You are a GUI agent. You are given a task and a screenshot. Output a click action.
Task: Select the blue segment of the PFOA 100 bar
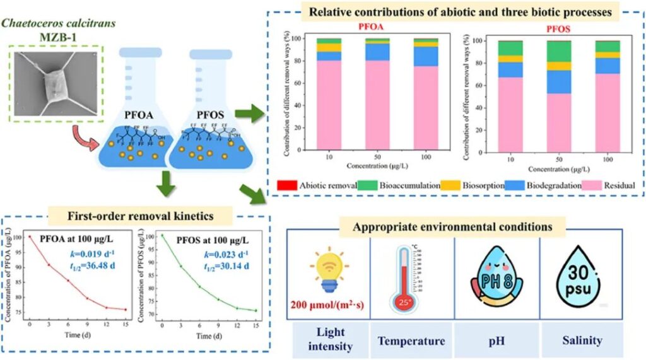(426, 56)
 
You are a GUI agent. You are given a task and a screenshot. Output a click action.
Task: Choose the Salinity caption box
(581, 340)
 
